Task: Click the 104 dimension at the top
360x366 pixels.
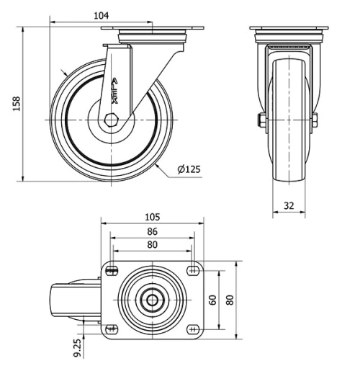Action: tap(102, 15)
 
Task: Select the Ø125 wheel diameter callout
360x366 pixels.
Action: tap(188, 170)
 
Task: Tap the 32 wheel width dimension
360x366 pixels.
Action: tap(289, 205)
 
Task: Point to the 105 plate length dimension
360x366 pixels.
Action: tap(151, 217)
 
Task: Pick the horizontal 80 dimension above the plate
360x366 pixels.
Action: tap(151, 244)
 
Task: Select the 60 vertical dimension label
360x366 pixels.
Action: tap(213, 299)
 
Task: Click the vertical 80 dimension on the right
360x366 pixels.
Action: tap(230, 299)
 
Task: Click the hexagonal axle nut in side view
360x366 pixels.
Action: tap(112, 121)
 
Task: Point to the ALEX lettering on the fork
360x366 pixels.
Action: tap(115, 91)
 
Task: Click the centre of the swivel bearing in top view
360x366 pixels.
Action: tap(152, 300)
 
